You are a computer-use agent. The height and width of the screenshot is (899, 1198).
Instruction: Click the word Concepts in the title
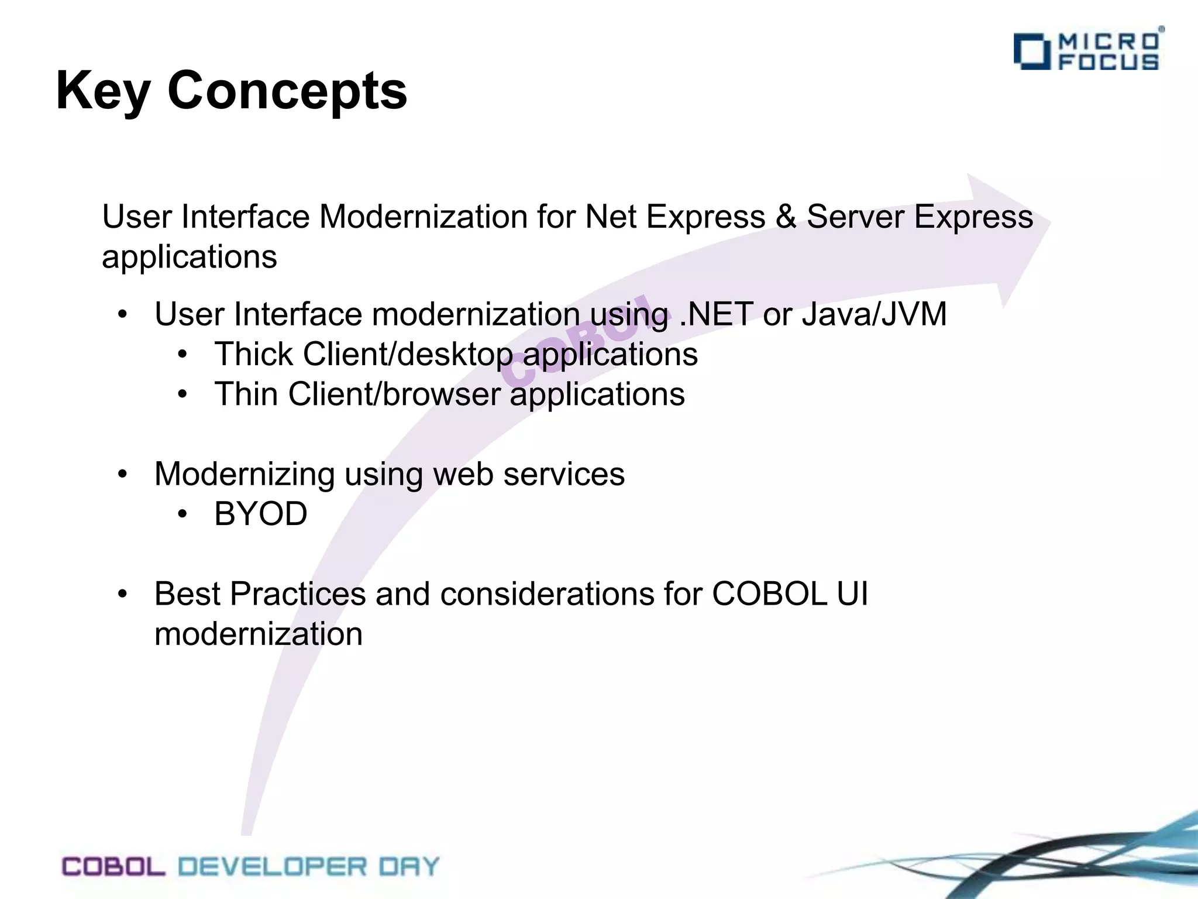[x=287, y=91]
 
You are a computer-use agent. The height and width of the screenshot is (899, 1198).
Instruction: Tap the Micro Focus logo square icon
[x=1032, y=52]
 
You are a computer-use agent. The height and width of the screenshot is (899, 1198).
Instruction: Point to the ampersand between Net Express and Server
[x=786, y=217]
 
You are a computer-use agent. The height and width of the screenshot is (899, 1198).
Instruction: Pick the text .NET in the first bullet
[x=715, y=314]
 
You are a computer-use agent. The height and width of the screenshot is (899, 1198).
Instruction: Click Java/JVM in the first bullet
[x=874, y=314]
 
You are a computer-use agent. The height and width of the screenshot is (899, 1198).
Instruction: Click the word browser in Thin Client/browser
[x=442, y=394]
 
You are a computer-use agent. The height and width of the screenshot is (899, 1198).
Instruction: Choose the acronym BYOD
[x=261, y=514]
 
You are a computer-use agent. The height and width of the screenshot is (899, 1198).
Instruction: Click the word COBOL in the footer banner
[x=113, y=867]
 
